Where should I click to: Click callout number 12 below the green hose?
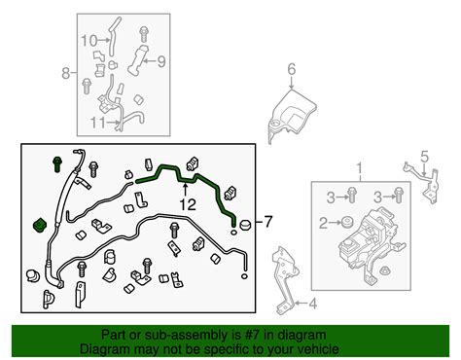(185, 205)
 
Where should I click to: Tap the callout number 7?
(269, 222)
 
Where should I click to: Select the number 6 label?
(290, 68)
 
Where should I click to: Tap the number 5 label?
(423, 155)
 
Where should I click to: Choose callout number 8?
(66, 73)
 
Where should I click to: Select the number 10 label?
(89, 41)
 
